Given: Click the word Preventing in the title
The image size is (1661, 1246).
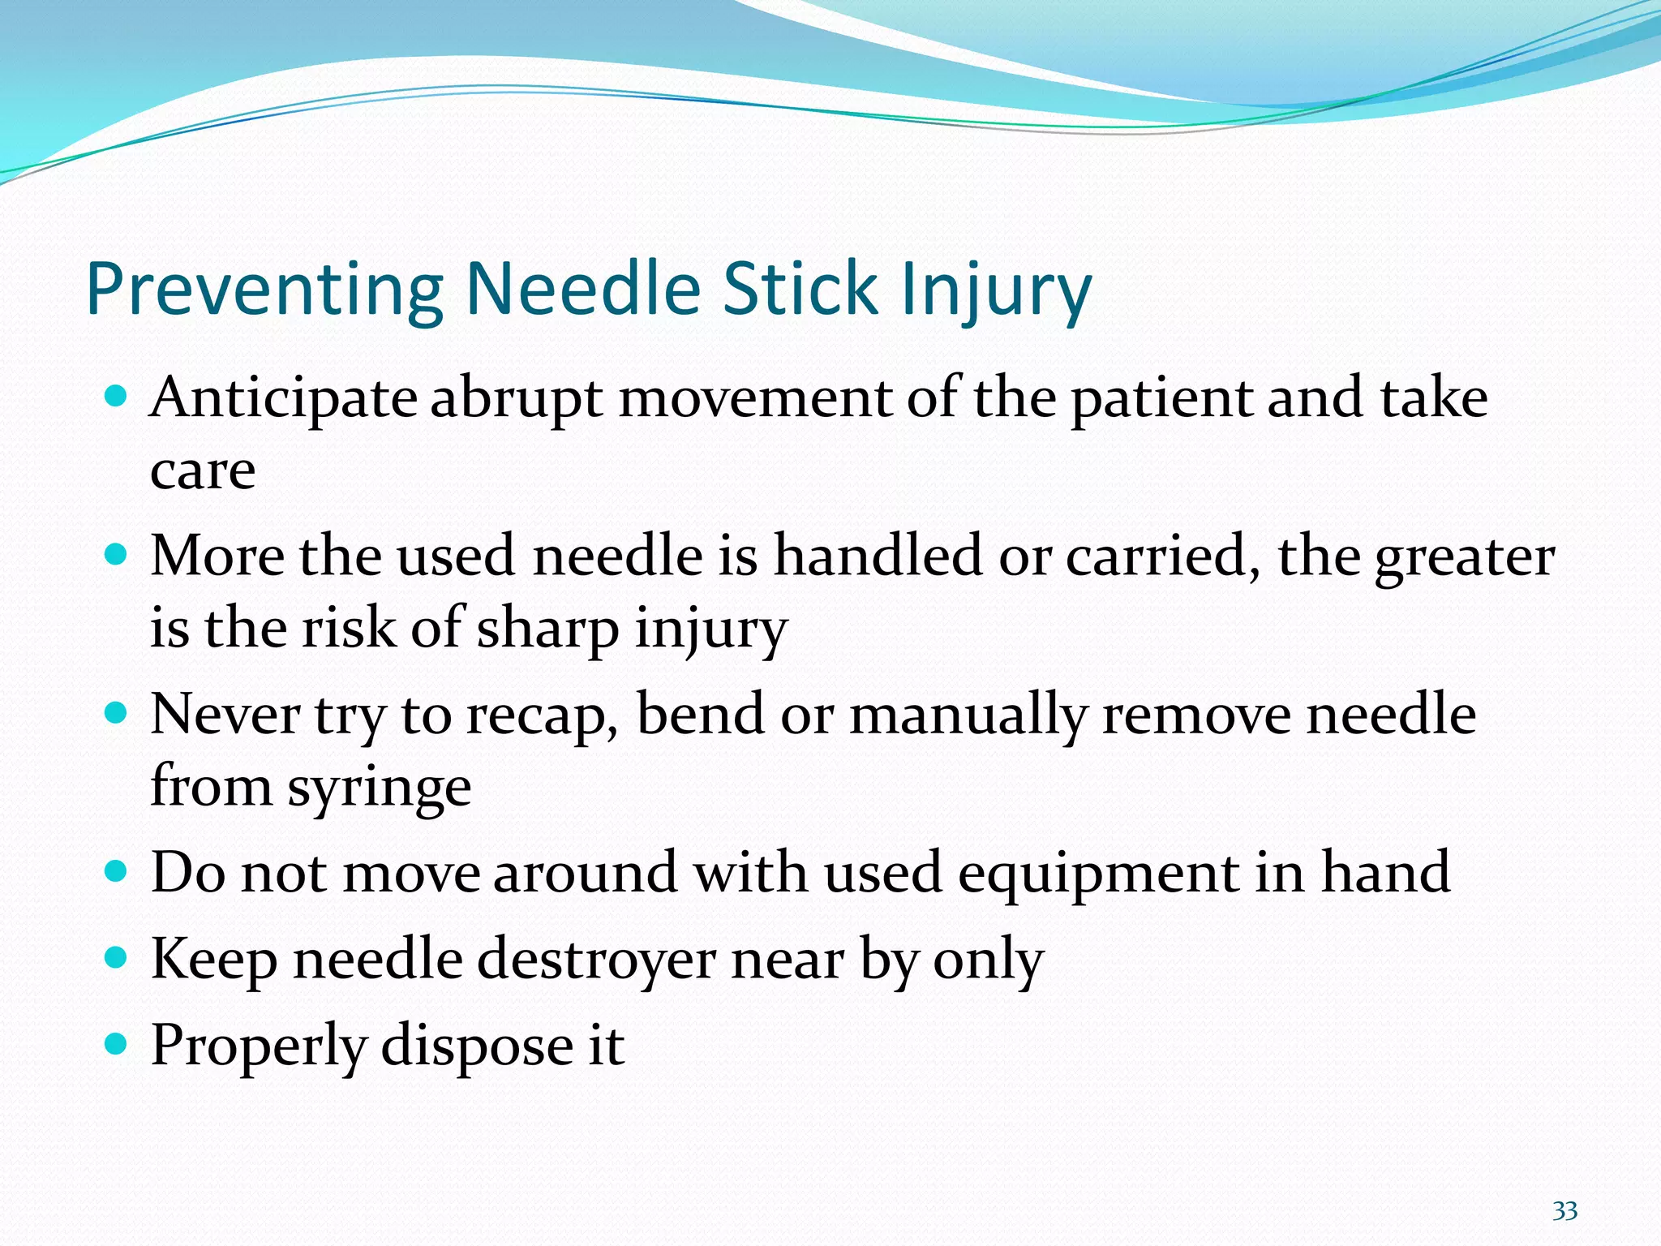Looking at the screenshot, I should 264,290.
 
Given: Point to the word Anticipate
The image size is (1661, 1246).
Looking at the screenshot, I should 283,399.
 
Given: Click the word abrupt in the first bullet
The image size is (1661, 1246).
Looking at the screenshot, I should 516,399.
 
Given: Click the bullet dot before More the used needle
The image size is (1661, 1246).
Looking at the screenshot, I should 117,555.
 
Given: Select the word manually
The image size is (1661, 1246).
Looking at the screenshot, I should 967,715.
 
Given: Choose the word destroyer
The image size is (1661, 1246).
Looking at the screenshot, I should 596,960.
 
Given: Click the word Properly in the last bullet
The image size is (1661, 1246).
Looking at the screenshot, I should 258,1046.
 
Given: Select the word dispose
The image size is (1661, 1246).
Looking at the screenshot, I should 477,1046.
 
